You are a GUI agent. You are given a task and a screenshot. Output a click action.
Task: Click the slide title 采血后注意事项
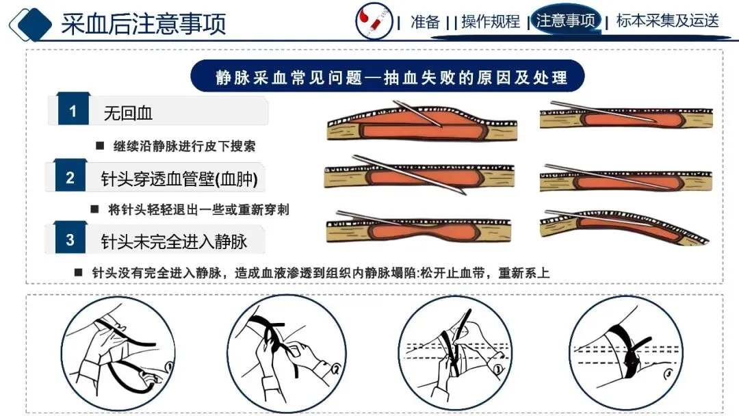pos(144,23)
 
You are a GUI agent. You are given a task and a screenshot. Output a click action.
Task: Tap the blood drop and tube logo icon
pos(374,21)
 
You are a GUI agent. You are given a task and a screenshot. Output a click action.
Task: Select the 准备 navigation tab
pos(425,22)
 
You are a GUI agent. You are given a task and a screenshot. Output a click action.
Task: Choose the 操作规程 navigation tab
pos(491,22)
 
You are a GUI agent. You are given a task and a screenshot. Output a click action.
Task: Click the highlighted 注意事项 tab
pos(566,21)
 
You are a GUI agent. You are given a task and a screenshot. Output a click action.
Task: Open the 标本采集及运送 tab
pos(667,21)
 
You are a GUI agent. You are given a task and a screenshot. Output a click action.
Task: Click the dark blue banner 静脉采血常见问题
pos(387,77)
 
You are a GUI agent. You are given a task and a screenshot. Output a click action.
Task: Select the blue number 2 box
pos(70,177)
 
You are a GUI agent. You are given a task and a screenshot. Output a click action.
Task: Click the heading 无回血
pos(128,113)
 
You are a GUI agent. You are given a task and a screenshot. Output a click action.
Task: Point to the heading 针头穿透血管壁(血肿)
pos(179,179)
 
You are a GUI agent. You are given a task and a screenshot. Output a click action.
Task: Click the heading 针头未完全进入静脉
pos(174,242)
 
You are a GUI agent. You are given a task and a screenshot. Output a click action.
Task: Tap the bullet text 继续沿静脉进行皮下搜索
pos(184,146)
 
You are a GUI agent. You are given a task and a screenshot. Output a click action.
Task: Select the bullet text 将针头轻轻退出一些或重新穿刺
pos(198,209)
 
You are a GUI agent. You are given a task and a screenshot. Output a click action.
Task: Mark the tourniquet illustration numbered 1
pos(118,354)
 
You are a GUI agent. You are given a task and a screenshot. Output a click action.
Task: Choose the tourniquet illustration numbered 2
pos(287,354)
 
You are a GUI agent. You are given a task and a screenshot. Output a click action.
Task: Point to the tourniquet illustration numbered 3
pos(455,354)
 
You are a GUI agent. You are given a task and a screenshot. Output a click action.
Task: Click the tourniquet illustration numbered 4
pos(625,354)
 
